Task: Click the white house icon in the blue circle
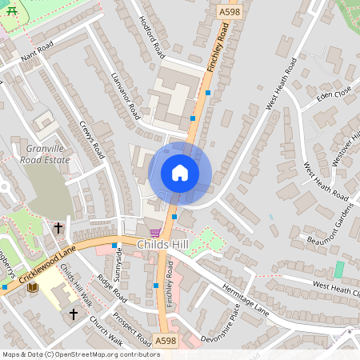point(180,172)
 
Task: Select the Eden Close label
point(334,94)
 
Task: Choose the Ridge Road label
point(112,288)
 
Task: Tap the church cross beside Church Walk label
point(73,314)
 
